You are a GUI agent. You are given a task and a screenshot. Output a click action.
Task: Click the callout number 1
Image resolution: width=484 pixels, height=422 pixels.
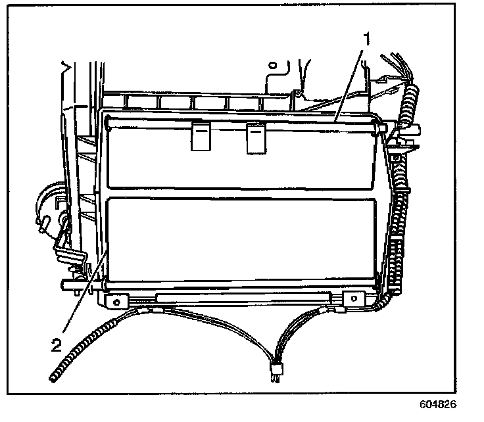367,39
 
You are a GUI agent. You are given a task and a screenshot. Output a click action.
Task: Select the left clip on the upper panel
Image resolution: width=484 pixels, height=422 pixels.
200,138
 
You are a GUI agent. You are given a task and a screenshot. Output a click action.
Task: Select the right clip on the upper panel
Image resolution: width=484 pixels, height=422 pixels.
255,139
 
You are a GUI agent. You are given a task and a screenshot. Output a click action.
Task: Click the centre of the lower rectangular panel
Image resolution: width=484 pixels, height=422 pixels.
240,240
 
